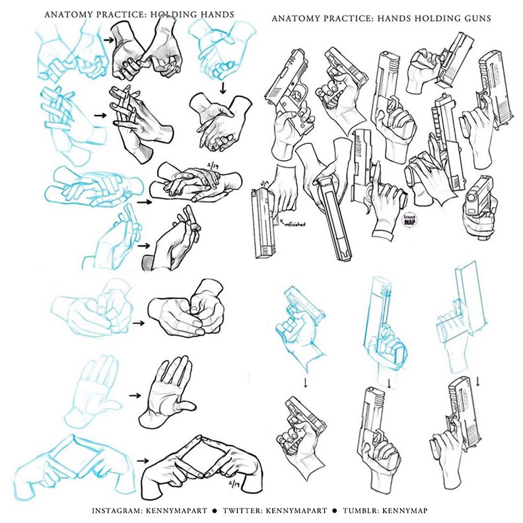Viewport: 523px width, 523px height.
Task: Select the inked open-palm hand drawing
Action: point(165,394)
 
